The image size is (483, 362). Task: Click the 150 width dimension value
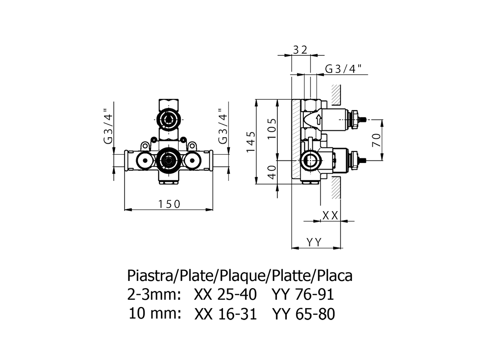(169, 204)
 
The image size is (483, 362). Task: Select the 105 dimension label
(272, 129)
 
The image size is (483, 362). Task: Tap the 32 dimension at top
(301, 49)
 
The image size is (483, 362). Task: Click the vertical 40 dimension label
(272, 172)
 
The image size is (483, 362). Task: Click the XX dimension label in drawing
(330, 216)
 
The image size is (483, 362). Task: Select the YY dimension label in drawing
(314, 242)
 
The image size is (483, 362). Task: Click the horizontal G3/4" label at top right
(343, 69)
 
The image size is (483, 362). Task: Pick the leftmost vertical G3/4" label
(108, 126)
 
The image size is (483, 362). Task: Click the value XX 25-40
(225, 295)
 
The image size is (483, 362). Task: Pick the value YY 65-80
(303, 314)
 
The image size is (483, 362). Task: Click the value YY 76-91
(303, 295)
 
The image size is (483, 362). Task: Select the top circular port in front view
(168, 118)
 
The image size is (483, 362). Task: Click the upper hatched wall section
(336, 95)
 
